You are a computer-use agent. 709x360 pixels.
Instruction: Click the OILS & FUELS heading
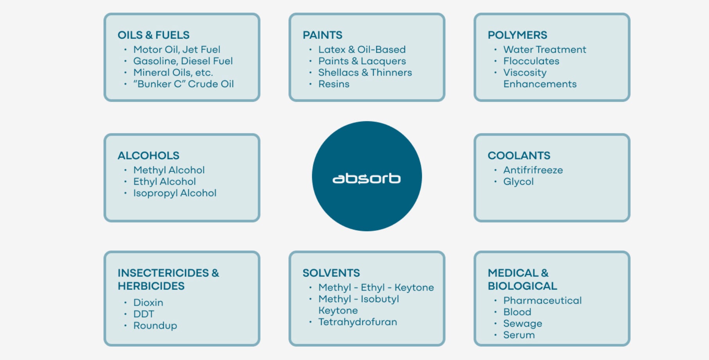pyautogui.click(x=153, y=35)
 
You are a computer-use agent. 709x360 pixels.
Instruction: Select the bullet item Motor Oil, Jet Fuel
pyautogui.click(x=177, y=50)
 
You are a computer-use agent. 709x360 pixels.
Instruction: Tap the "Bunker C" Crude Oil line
pyautogui.click(x=183, y=84)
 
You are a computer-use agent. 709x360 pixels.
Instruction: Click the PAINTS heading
pyautogui.click(x=322, y=35)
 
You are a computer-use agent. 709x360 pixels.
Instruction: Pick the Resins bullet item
pyautogui.click(x=334, y=84)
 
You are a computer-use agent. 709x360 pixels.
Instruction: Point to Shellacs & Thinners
pyautogui.click(x=365, y=73)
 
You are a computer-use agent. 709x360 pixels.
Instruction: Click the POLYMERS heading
pyautogui.click(x=517, y=35)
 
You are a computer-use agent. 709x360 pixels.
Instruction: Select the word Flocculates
pyautogui.click(x=531, y=61)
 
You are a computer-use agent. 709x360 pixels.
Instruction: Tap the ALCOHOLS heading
pyautogui.click(x=148, y=156)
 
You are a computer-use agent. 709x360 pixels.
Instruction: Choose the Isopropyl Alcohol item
pyautogui.click(x=174, y=193)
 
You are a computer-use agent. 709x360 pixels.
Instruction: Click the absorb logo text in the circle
pyautogui.click(x=366, y=179)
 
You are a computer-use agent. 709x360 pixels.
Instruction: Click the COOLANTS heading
pyautogui.click(x=519, y=156)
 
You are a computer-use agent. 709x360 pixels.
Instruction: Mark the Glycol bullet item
pyautogui.click(x=518, y=182)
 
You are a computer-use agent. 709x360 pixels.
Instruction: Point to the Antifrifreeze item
pyautogui.click(x=533, y=170)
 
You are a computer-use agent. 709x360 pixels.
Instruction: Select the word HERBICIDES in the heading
pyautogui.click(x=151, y=286)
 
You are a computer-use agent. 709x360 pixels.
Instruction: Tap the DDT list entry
pyautogui.click(x=144, y=314)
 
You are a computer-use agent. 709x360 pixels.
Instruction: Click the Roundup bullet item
pyautogui.click(x=155, y=326)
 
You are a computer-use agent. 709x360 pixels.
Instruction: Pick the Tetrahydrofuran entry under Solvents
pyautogui.click(x=357, y=322)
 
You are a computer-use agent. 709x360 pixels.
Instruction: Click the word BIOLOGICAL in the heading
pyautogui.click(x=522, y=286)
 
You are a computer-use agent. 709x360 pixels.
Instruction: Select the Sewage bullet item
pyautogui.click(x=522, y=324)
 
